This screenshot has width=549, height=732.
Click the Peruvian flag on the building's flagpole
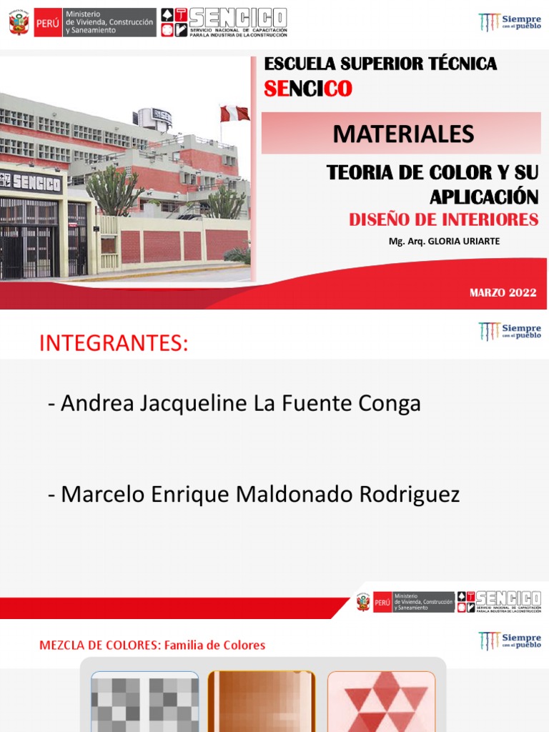pos(234,114)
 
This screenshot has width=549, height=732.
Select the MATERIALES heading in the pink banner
pos(403,133)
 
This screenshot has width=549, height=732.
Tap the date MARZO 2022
pos(503,292)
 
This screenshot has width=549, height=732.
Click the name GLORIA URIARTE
pos(463,242)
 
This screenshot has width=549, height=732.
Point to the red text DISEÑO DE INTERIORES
pos(443,220)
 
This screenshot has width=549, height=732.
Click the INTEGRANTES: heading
pos(114,343)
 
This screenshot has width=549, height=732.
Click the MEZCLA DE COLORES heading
pos(99,646)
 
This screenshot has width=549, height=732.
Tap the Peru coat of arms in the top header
pos(19,23)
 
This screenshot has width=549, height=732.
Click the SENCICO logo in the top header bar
pos(224,23)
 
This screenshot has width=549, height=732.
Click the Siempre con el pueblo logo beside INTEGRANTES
pos(510,332)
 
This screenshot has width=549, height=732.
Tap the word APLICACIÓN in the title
pos(484,197)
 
